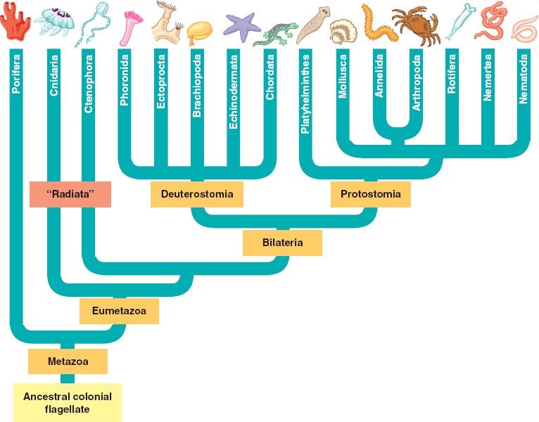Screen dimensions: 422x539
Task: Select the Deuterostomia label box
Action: pos(197,194)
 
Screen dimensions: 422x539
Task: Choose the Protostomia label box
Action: pos(371,194)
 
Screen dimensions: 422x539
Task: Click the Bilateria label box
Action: pos(282,243)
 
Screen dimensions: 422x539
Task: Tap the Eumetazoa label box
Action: pos(119,310)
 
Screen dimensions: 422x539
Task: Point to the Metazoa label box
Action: pos(68,362)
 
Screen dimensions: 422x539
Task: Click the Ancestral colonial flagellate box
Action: pos(68,402)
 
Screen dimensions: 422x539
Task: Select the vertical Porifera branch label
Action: pos(16,73)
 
